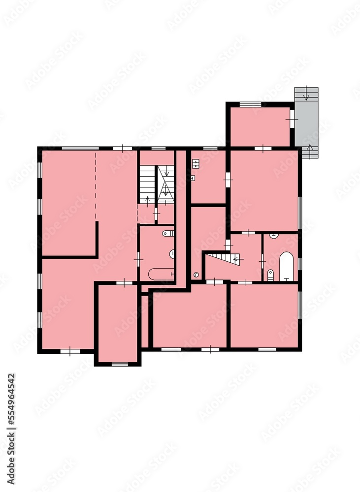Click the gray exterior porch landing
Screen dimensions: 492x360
(x=306, y=123)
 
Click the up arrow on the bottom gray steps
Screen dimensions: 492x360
(x=310, y=150)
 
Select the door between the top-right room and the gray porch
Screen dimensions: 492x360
(x=292, y=118)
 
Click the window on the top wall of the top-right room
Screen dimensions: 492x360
(x=250, y=104)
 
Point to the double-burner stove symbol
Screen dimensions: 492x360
(x=195, y=163)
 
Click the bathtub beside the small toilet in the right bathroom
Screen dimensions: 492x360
(x=286, y=266)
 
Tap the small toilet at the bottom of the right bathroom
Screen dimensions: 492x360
(x=270, y=275)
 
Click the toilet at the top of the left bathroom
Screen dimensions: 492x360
(x=167, y=233)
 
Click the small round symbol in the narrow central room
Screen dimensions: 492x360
(x=196, y=275)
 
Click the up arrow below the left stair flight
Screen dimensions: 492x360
(x=148, y=200)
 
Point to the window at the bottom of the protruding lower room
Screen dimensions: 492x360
(x=119, y=364)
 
